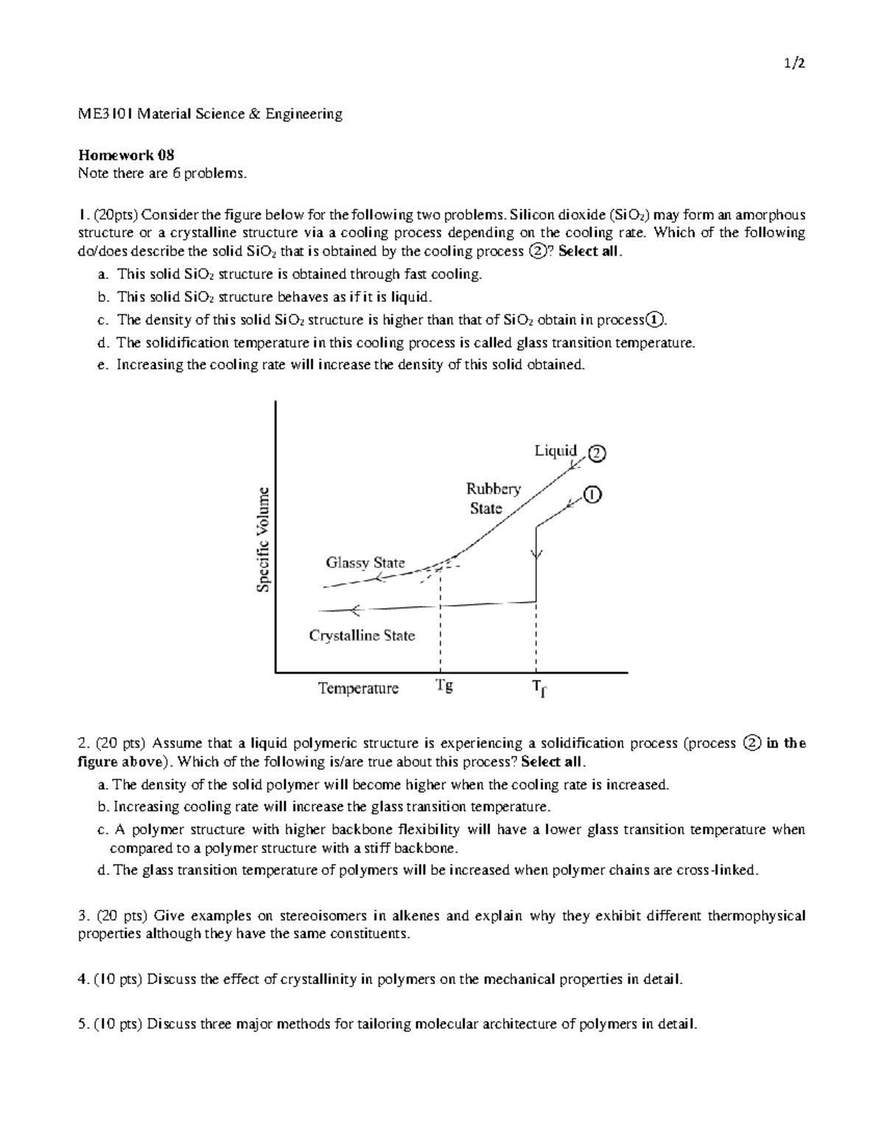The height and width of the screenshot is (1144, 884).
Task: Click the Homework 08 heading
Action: (126, 155)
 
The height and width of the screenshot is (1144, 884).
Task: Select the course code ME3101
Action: (105, 114)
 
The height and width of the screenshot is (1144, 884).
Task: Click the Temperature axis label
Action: (358, 688)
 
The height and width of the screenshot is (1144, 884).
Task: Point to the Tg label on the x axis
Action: (443, 686)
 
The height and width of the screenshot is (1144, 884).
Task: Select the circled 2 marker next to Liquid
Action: (595, 454)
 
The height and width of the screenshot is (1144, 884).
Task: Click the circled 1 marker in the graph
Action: (592, 495)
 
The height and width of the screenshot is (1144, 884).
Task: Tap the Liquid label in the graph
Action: (555, 450)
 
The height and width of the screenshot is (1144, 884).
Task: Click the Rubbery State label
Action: (492, 499)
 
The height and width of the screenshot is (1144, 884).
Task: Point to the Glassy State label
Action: (365, 563)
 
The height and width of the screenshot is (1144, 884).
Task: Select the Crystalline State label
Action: (362, 635)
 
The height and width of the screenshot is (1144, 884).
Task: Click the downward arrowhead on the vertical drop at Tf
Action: (537, 554)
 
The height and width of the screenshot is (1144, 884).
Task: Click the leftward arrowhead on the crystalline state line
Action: (354, 609)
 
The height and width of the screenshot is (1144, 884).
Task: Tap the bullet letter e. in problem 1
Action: (102, 365)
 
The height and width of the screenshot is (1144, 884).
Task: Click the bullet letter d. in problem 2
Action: (102, 870)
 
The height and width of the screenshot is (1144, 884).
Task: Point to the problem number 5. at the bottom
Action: (83, 1025)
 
